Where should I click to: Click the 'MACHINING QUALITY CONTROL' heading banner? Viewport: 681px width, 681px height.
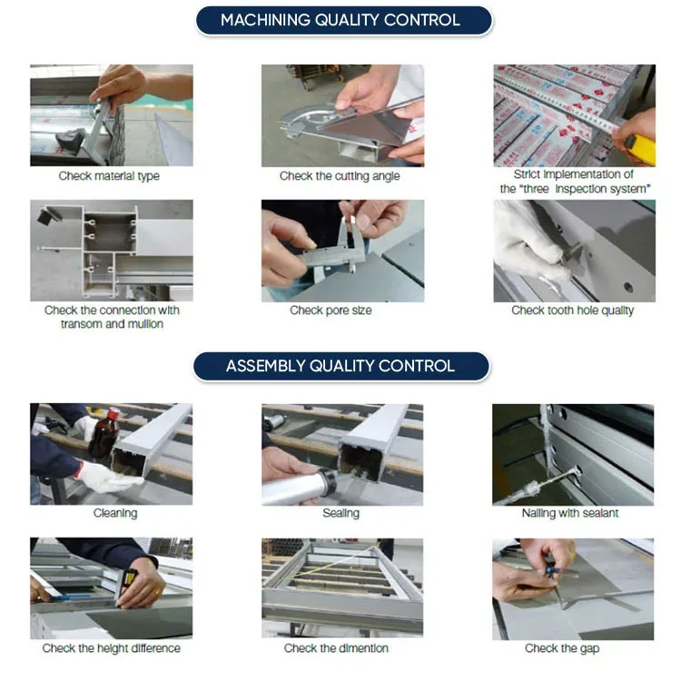point(340,20)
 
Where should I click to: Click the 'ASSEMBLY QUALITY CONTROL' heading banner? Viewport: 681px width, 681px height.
point(340,367)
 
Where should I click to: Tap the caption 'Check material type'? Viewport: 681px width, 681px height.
point(109,176)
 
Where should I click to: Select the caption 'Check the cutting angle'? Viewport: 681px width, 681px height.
point(340,176)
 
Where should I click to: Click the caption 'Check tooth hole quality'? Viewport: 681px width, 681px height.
point(572,311)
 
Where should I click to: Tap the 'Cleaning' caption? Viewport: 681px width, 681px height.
point(115,514)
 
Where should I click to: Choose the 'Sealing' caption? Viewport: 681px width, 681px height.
point(340,514)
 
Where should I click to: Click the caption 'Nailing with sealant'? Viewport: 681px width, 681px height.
point(570,514)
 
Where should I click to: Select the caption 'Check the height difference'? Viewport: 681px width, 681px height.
point(111,648)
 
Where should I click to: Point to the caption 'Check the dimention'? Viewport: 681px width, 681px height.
point(336,648)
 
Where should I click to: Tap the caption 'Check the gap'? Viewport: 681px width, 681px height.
point(562,648)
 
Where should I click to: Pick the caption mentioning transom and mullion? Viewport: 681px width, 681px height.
point(112,317)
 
